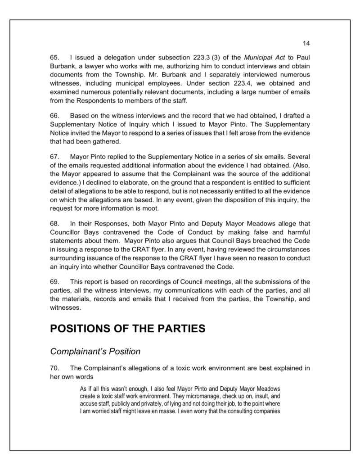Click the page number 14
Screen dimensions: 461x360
pos(306,44)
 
